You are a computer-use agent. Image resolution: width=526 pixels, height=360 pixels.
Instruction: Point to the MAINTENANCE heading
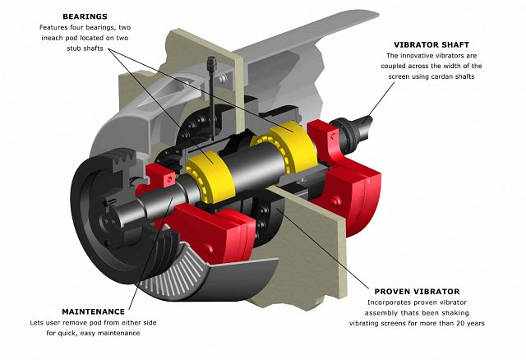tap(93, 312)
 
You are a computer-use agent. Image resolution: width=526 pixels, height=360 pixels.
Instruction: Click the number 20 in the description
tap(447, 324)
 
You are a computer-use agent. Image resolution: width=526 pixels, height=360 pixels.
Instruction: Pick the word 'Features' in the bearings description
tap(54, 27)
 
